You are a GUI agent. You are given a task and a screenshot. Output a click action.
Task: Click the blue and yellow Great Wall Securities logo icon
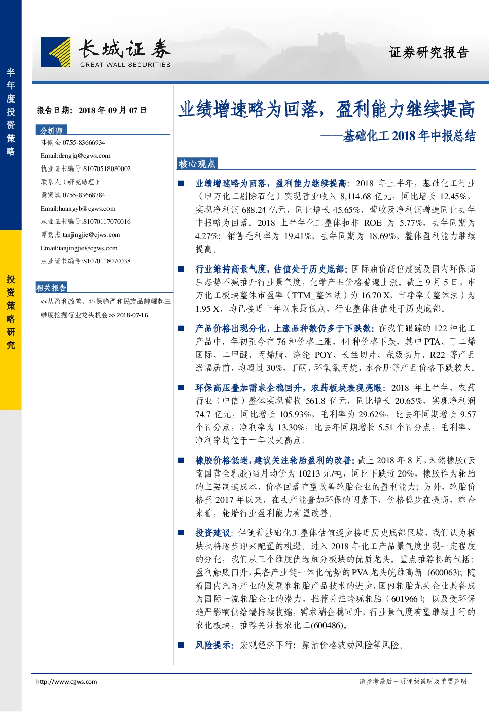pyautogui.click(x=55, y=52)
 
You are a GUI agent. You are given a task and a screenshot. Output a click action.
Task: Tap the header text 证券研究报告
pyautogui.click(x=428, y=52)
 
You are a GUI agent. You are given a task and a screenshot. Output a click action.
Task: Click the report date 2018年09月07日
pyautogui.click(x=113, y=110)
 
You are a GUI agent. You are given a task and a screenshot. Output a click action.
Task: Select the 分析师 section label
pyautogui.click(x=51, y=130)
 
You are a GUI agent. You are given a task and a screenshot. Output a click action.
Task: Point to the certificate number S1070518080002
pyautogui.click(x=106, y=169)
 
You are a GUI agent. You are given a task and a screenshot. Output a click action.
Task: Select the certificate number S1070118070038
pyautogui.click(x=106, y=261)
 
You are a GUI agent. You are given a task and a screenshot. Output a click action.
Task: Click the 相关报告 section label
pyautogui.click(x=51, y=288)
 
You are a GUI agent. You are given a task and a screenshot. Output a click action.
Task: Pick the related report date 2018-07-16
pyautogui.click(x=132, y=315)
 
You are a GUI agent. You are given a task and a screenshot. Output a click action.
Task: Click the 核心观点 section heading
pyautogui.click(x=197, y=164)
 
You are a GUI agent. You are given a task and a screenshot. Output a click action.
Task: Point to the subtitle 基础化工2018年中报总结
pyautogui.click(x=409, y=136)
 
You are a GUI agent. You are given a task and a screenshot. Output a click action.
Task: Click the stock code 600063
pyautogui.click(x=444, y=572)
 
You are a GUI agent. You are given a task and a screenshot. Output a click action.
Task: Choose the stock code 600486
pyautogui.click(x=327, y=625)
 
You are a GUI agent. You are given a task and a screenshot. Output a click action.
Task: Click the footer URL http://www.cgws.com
pyautogui.click(x=66, y=681)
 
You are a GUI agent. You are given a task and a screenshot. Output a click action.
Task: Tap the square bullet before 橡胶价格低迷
pyautogui.click(x=181, y=460)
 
